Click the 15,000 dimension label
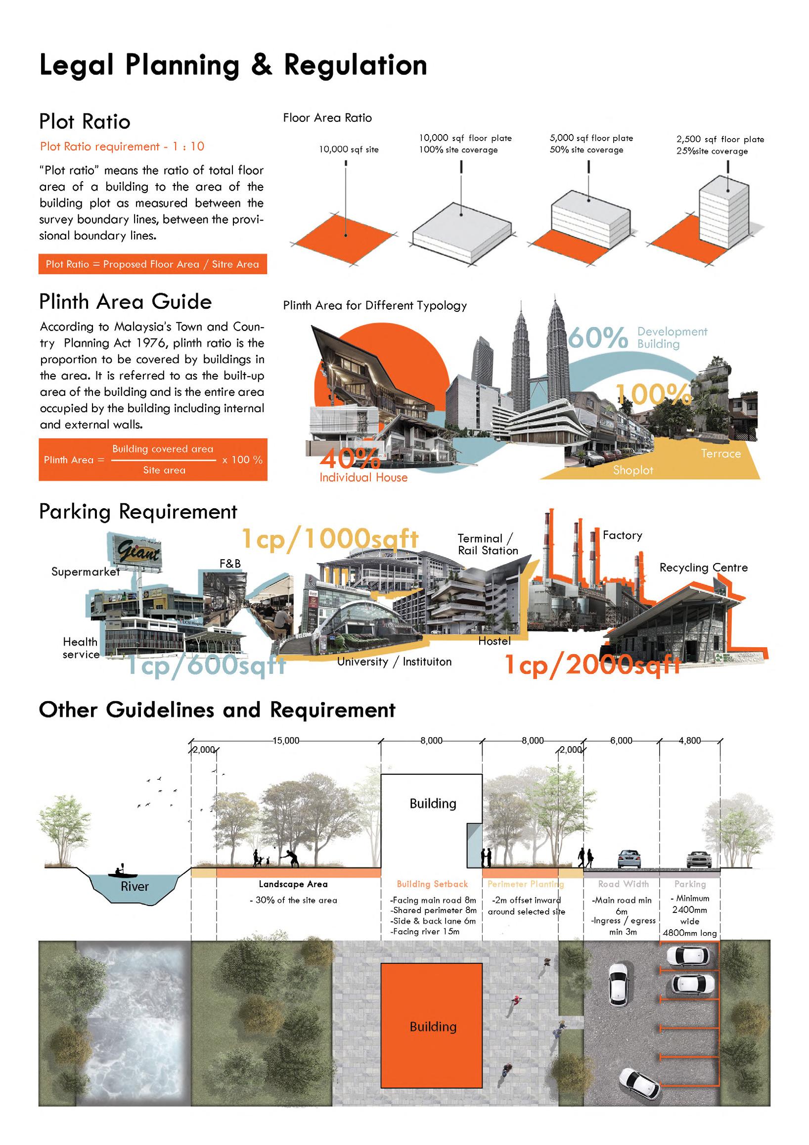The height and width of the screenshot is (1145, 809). coord(286,741)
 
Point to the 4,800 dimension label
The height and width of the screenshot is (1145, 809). coord(689,741)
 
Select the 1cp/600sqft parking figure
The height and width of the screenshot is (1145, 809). coord(206,665)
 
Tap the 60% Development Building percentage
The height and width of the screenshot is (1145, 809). coord(598,337)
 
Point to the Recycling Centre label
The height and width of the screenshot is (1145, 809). coord(703,568)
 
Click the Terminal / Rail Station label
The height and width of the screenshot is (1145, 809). coord(488,545)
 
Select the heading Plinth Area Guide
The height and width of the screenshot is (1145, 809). coord(126,302)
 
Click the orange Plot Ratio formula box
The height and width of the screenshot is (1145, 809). coord(152,264)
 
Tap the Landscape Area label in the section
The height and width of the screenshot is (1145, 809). coord(293,884)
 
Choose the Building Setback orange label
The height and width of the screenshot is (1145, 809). coord(432,884)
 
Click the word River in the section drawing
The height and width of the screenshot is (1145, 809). coord(135,886)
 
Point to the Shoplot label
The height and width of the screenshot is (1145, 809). coord(632,470)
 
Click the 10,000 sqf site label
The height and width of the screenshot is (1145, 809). coord(349,149)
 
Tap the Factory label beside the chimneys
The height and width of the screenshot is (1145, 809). coord(622,535)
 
